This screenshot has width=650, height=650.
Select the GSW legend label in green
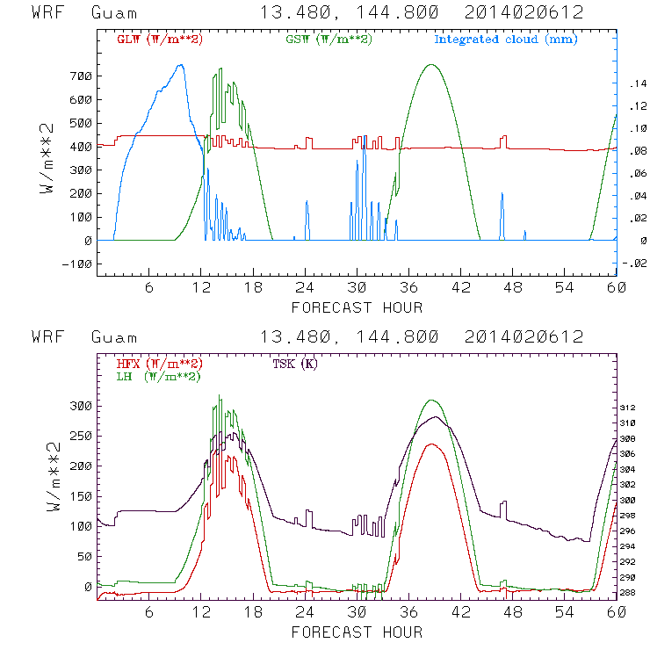pyautogui.click(x=329, y=40)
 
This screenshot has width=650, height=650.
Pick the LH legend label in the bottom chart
pyautogui.click(x=159, y=376)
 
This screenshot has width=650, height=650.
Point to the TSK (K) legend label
pyautogui.click(x=294, y=364)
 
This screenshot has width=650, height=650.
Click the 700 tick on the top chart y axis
pyautogui.click(x=80, y=76)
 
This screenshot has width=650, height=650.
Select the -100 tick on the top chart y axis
pyautogui.click(x=76, y=264)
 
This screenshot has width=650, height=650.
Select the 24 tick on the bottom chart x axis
pyautogui.click(x=305, y=613)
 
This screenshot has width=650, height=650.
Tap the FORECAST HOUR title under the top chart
pyautogui.click(x=357, y=307)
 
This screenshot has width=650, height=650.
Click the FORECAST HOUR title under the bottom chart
pyautogui.click(x=357, y=632)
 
